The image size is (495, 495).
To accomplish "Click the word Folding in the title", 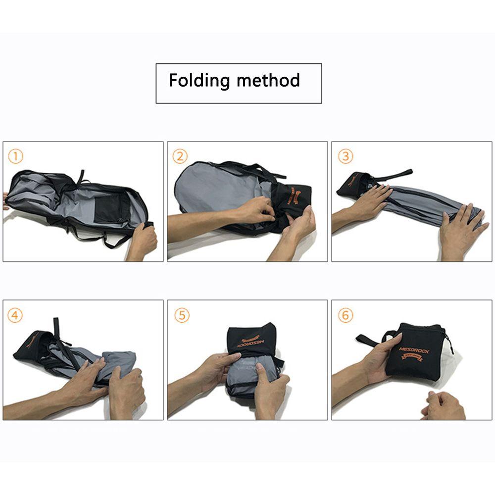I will tap(198, 80).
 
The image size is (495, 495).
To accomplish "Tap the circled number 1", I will tap(16, 157).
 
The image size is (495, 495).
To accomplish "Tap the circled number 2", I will tap(180, 157).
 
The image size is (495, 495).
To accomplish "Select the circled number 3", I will tap(345, 157).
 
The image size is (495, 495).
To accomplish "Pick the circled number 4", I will tap(15, 316).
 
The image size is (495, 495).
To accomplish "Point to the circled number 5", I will tap(182, 316).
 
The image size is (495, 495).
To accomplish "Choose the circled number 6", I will tap(345, 316).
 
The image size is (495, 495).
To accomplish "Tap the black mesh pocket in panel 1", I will tap(109, 208).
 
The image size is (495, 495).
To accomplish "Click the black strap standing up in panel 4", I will tap(57, 329).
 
